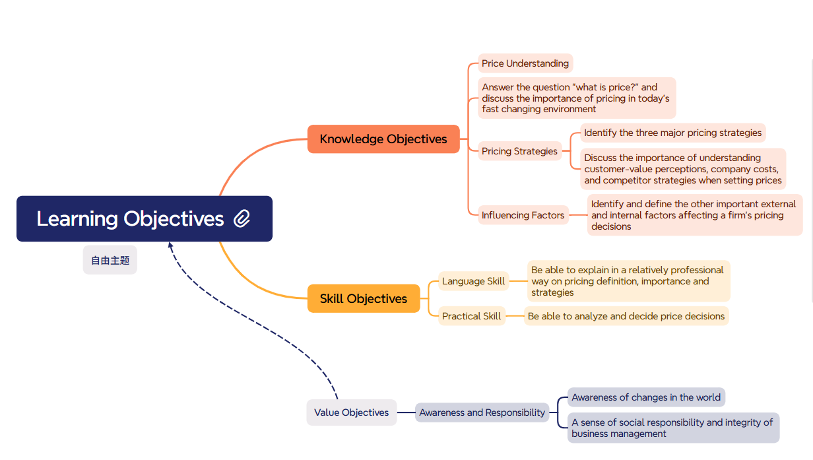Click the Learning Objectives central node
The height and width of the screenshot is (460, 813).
tap(145, 218)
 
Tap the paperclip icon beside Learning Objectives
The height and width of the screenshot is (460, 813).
tap(242, 218)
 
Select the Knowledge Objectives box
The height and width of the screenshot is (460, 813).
tap(383, 139)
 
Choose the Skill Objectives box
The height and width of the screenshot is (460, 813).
tap(364, 298)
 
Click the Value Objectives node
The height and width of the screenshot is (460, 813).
tap(351, 412)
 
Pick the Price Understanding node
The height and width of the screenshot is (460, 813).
tap(525, 63)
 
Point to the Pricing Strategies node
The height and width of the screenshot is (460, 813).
tap(520, 151)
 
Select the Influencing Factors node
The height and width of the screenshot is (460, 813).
tap(523, 215)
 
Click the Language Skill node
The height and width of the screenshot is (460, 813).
tap(473, 281)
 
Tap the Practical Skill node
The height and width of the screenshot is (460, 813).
tap(471, 316)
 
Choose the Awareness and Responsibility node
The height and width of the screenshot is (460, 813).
tap(482, 412)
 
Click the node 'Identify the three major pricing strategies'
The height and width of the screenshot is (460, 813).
tap(673, 133)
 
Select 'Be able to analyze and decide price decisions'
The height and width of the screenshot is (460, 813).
tap(626, 316)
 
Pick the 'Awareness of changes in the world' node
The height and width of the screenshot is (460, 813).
tap(646, 397)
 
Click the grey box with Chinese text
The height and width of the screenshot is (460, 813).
tap(110, 260)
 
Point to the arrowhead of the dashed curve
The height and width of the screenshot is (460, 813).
tap(170, 245)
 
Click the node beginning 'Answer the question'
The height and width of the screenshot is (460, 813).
tap(577, 98)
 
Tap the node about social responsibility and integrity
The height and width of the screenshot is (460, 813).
tap(673, 428)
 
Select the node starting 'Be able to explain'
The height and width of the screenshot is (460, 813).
tap(628, 281)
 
